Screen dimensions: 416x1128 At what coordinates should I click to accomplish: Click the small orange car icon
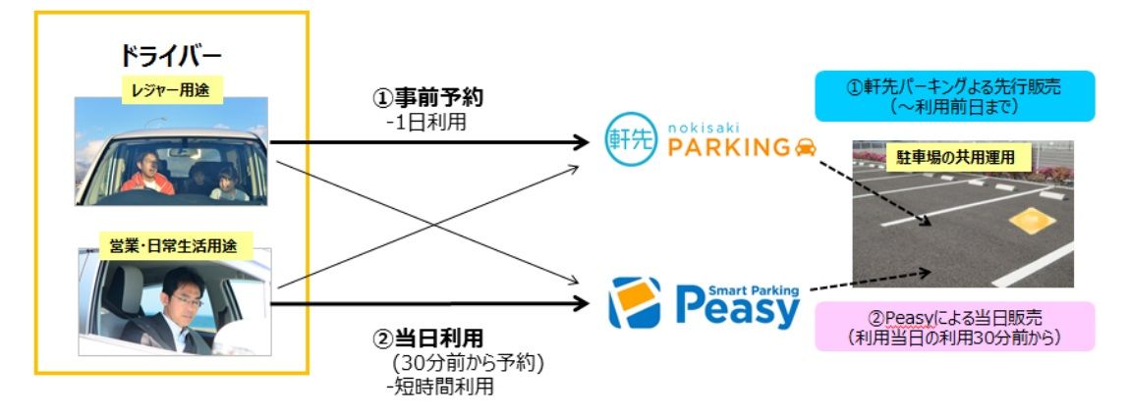pyautogui.click(x=805, y=147)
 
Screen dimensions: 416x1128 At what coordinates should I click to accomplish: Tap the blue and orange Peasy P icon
pyautogui.click(x=636, y=303)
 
